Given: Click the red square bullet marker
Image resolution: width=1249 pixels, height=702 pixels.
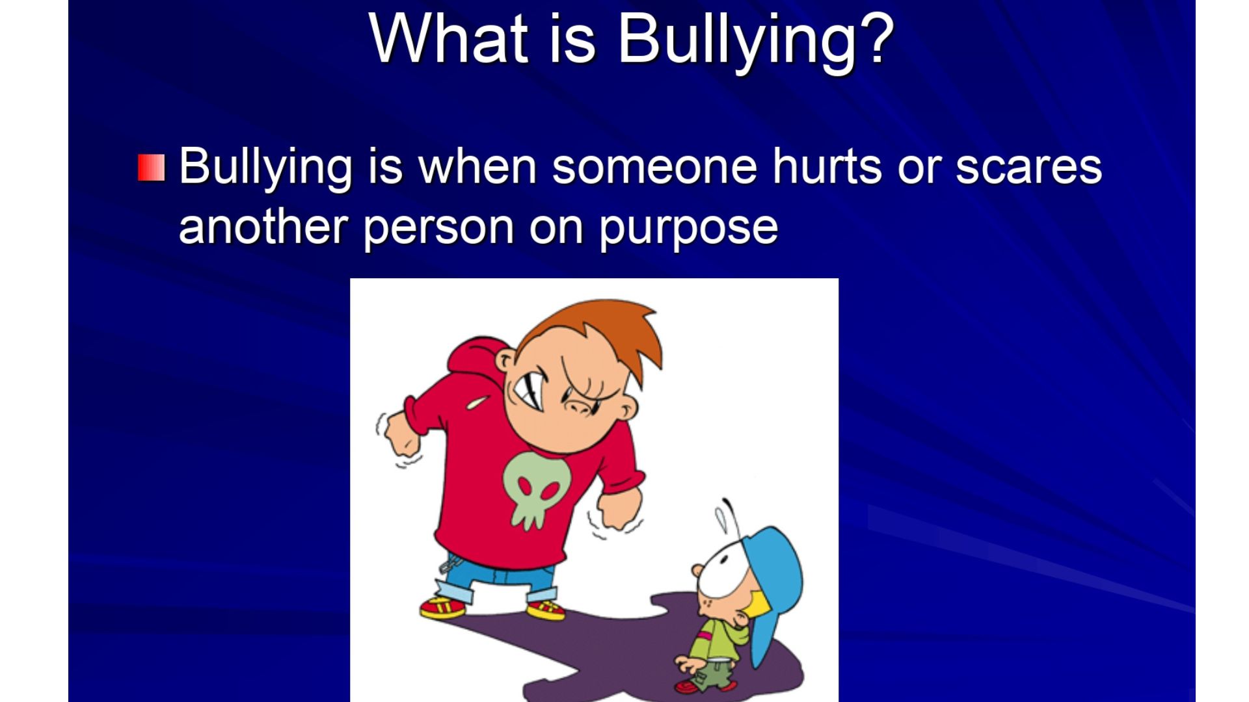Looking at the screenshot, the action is (x=152, y=168).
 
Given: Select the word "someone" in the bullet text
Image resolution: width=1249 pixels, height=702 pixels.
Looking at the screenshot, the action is (x=654, y=167).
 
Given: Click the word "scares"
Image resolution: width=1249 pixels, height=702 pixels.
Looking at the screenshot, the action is (x=1028, y=167).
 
